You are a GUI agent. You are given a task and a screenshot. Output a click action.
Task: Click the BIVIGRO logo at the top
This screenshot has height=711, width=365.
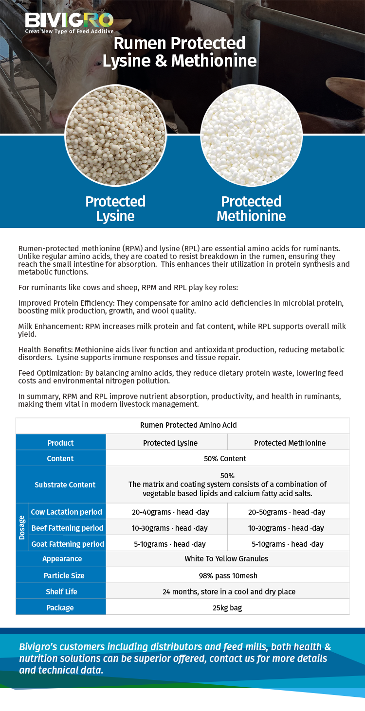(x=69, y=20)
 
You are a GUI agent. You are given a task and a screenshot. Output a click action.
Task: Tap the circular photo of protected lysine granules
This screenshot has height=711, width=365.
(x=115, y=136)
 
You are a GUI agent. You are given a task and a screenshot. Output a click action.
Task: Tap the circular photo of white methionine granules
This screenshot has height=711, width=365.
(x=251, y=136)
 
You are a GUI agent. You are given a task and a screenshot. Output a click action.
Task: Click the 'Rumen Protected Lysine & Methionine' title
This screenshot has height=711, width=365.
(x=180, y=52)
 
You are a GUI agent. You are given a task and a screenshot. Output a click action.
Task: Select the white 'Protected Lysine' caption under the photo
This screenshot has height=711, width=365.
(x=115, y=208)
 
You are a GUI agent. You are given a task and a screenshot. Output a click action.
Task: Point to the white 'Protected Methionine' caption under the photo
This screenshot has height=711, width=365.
(x=251, y=208)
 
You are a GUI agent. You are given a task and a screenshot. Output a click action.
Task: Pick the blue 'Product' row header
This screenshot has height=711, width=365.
(x=61, y=443)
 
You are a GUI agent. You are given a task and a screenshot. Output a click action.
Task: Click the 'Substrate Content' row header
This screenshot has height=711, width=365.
(x=65, y=485)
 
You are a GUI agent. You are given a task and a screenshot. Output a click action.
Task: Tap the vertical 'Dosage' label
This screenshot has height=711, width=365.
(x=22, y=527)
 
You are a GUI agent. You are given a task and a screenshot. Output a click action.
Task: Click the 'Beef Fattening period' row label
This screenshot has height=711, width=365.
(x=67, y=528)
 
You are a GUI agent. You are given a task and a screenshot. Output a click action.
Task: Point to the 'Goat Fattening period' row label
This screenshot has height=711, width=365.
(x=67, y=544)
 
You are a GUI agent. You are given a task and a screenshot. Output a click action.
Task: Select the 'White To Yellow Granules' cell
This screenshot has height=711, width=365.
(x=226, y=559)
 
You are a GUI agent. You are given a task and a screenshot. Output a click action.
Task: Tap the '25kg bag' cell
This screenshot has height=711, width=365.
(x=227, y=607)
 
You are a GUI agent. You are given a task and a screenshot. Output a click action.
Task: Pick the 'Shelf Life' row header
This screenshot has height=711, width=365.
(x=61, y=591)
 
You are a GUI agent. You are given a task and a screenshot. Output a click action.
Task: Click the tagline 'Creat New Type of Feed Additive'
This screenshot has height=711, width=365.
(x=69, y=32)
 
